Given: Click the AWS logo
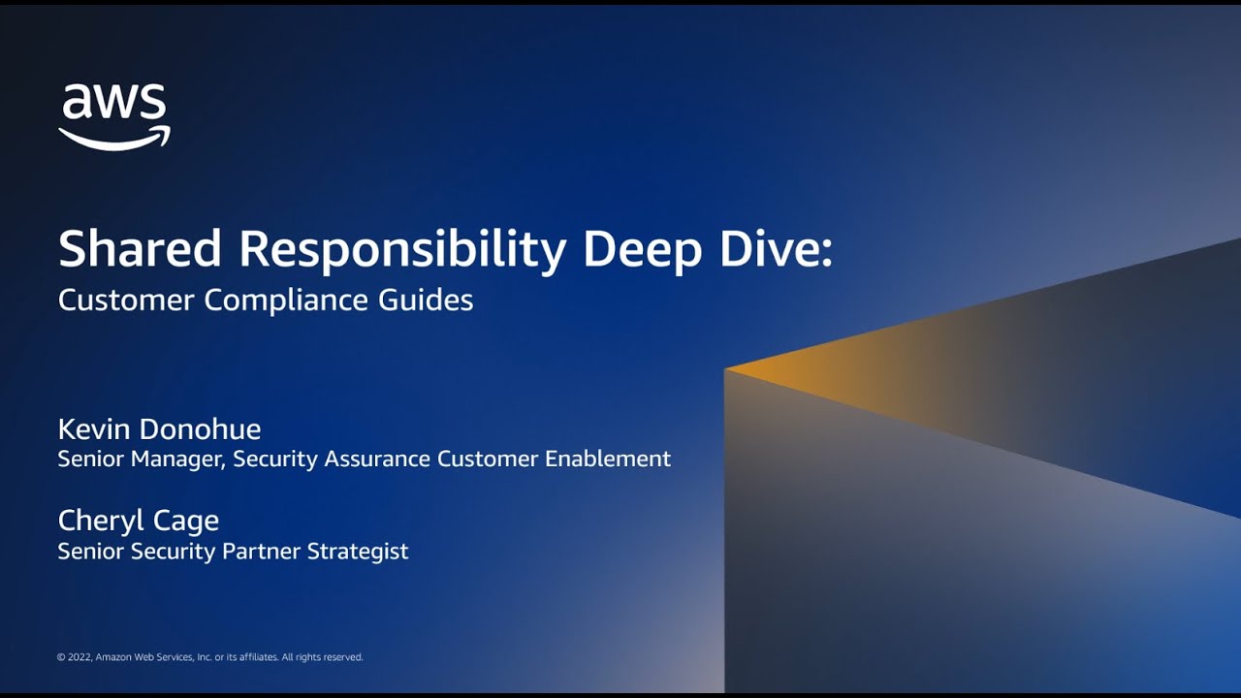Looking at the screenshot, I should click(x=114, y=116).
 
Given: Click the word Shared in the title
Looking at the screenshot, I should click(x=140, y=249).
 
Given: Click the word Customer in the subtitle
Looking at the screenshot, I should click(x=126, y=300).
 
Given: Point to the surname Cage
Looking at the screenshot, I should click(x=190, y=522).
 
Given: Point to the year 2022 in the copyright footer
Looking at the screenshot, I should click(x=80, y=657).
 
